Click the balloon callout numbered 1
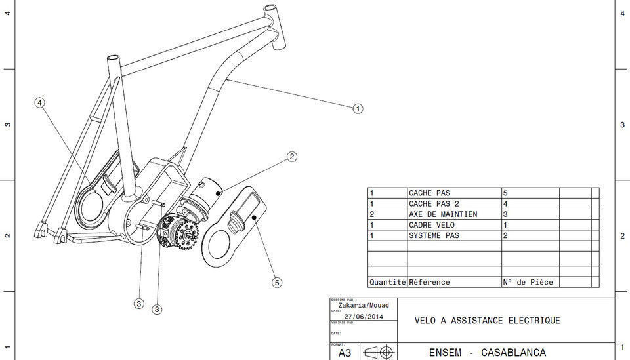358,108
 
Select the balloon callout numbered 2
291,157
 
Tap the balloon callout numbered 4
40,103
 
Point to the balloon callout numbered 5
277,283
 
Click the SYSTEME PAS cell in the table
434,235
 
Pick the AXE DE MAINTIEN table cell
443,214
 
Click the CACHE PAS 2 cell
434,204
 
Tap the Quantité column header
387,283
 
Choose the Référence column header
429,283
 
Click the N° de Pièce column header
528,283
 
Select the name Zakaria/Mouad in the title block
363,306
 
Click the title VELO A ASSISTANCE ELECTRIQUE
488,321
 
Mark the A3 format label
345,353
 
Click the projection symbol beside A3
379,353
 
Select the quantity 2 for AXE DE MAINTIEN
372,214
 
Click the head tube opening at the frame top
269,9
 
